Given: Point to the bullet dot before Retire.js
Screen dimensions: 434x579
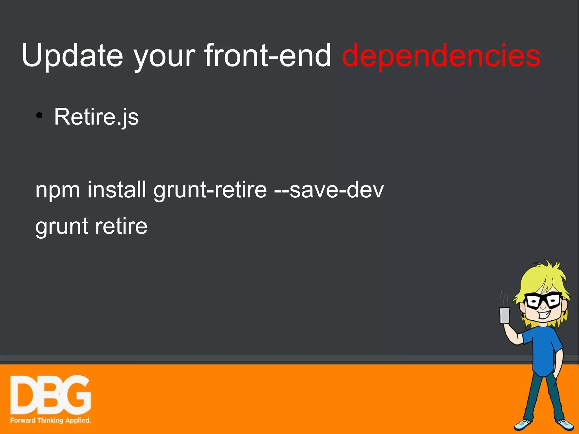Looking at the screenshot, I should pos(39,115).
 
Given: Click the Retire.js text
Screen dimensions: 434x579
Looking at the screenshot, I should pos(96,116).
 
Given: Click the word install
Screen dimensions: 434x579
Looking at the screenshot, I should pos(117,189).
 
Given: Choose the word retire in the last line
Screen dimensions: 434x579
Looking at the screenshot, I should pos(121,226).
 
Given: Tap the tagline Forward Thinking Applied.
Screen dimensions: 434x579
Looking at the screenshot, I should pos(51,420).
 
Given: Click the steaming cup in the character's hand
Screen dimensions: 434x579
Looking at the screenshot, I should pos(505,315).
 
